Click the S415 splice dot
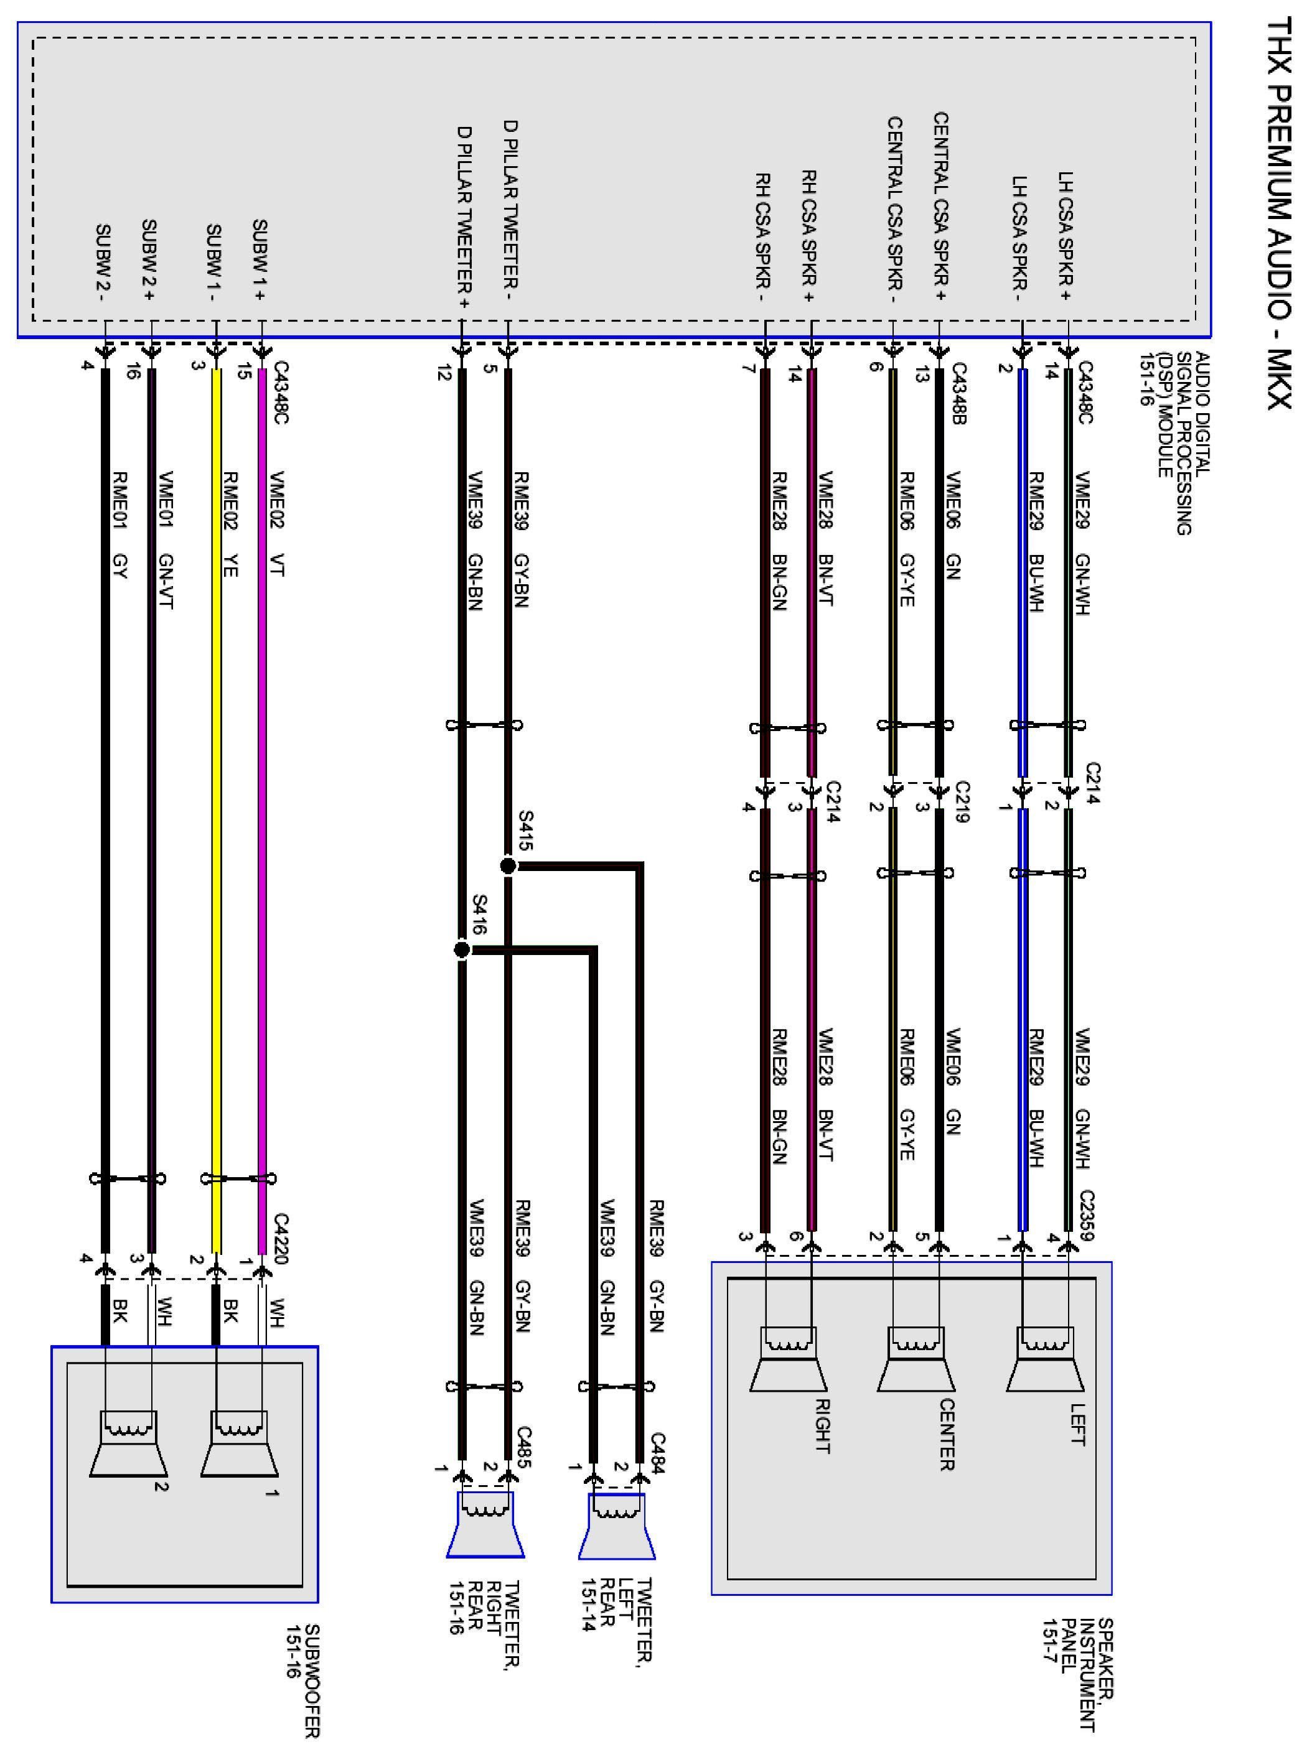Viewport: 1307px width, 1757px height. click(x=508, y=866)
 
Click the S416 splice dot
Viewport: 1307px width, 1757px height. click(x=462, y=949)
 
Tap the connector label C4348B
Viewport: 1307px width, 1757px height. click(x=959, y=394)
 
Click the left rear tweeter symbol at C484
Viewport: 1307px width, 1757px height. click(x=617, y=1526)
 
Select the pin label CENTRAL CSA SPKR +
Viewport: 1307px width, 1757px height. click(x=940, y=208)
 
